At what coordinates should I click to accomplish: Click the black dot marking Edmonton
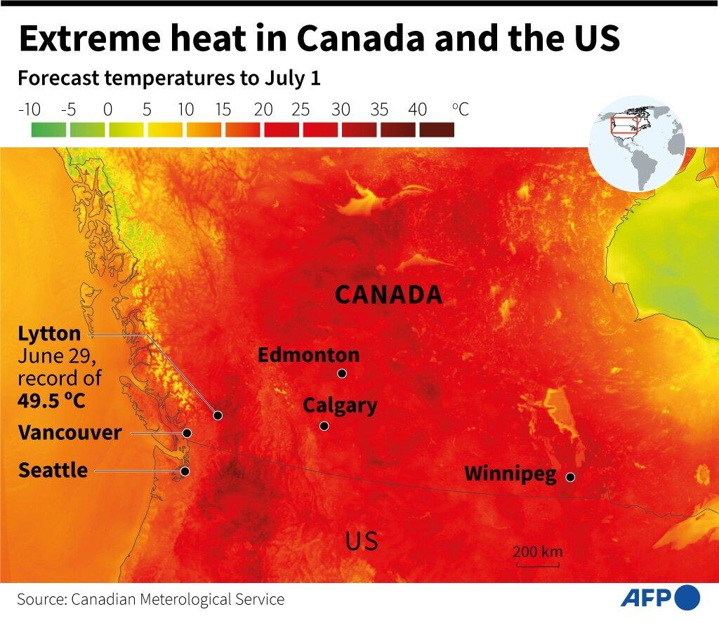click(342, 373)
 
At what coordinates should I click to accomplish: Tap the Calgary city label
click(340, 406)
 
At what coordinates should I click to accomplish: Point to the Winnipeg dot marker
click(570, 477)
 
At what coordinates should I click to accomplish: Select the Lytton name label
click(49, 333)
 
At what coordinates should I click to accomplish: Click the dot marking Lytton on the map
click(218, 415)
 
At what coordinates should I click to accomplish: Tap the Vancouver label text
click(70, 433)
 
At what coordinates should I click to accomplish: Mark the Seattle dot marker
click(185, 471)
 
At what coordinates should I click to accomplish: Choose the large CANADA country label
click(388, 295)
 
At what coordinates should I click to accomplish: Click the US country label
click(362, 541)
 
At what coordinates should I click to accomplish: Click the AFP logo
click(659, 598)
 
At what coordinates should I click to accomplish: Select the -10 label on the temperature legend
click(29, 109)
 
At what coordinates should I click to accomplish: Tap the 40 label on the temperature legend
click(417, 109)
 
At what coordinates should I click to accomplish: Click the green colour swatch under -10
click(48, 130)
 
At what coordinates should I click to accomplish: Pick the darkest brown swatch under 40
click(436, 130)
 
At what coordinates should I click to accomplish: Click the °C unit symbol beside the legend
click(460, 109)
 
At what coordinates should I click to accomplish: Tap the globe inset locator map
click(637, 145)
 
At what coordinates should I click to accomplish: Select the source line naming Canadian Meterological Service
click(151, 599)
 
